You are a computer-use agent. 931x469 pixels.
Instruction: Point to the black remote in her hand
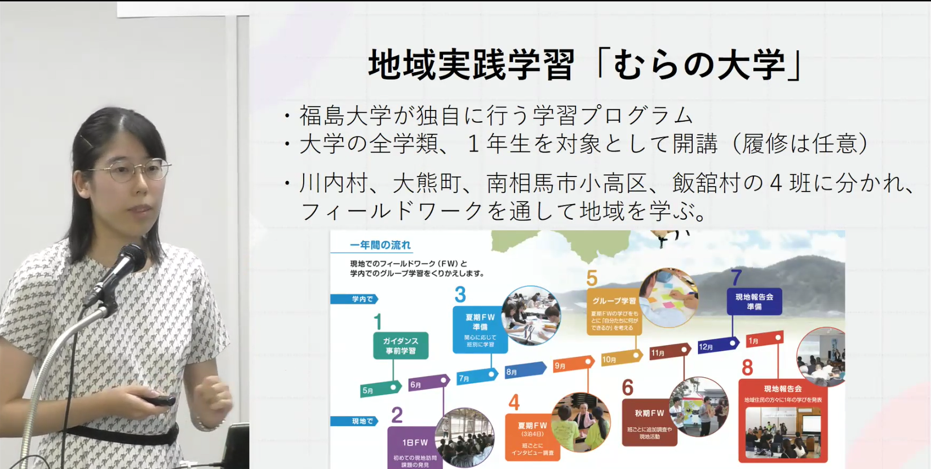coord(159,401)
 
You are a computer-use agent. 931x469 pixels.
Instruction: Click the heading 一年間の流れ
coord(380,245)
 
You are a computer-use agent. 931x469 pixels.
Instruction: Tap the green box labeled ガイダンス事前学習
coord(401,346)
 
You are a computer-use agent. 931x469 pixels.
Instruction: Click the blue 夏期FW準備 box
coord(480,330)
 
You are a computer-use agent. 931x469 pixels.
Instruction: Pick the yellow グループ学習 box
coord(614,313)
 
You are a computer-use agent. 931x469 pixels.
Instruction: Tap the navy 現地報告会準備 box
coord(754,302)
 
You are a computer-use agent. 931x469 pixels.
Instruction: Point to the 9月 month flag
coord(571,364)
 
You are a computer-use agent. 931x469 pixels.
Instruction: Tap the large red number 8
coord(747,368)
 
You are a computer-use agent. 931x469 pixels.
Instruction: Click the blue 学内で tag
coord(353,299)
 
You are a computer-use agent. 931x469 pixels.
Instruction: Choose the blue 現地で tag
coord(353,421)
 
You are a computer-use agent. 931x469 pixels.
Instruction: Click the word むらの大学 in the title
coord(699,65)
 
